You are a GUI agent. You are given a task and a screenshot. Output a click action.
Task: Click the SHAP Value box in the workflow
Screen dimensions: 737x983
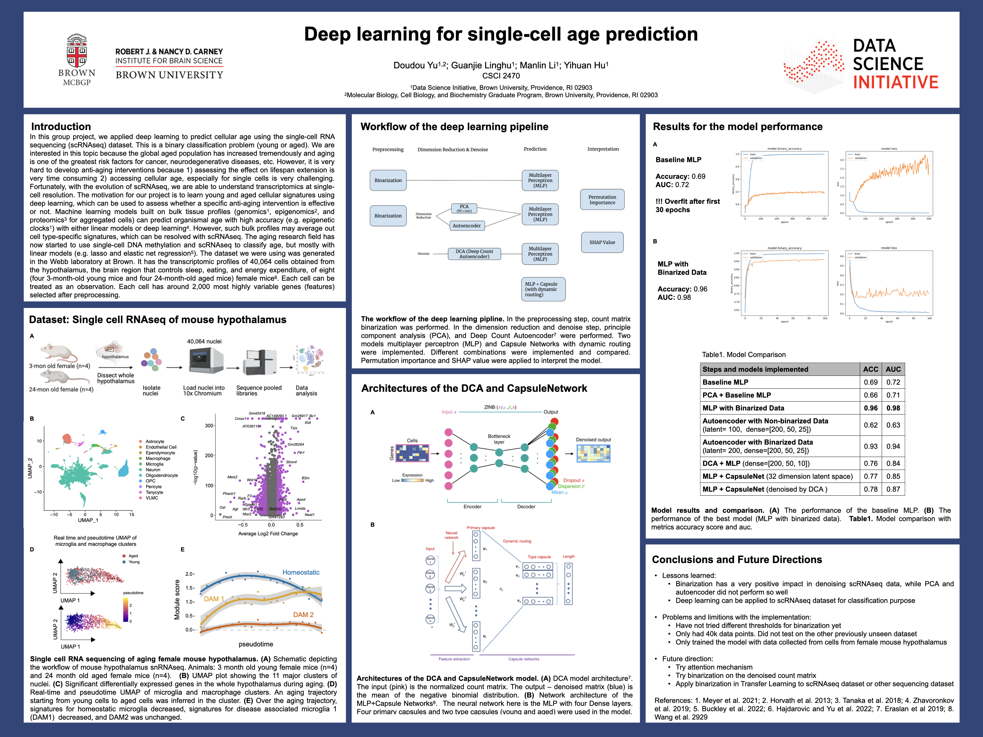[602, 243]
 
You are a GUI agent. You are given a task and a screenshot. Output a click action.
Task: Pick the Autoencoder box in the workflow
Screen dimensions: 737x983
[466, 226]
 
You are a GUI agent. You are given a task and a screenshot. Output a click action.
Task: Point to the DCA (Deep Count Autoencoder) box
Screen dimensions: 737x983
[474, 254]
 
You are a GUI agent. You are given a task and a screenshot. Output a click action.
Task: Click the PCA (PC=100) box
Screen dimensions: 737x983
[464, 208]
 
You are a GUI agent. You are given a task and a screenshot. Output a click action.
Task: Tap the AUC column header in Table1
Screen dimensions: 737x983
[893, 369]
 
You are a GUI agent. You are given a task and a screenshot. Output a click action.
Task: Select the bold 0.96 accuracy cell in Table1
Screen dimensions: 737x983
[870, 408]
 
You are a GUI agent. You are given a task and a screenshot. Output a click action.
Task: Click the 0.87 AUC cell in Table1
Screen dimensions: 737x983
[893, 489]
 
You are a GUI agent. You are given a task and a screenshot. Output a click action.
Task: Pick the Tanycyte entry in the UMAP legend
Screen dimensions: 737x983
[154, 492]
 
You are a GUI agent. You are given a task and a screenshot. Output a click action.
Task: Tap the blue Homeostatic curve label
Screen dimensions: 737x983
[301, 572]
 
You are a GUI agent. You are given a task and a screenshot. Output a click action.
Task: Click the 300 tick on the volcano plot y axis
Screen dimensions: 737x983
[209, 426]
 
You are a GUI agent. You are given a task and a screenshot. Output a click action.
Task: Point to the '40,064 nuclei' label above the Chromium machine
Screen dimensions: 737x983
[204, 342]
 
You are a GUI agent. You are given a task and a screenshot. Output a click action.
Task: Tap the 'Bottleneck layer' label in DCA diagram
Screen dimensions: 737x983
[499, 439]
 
